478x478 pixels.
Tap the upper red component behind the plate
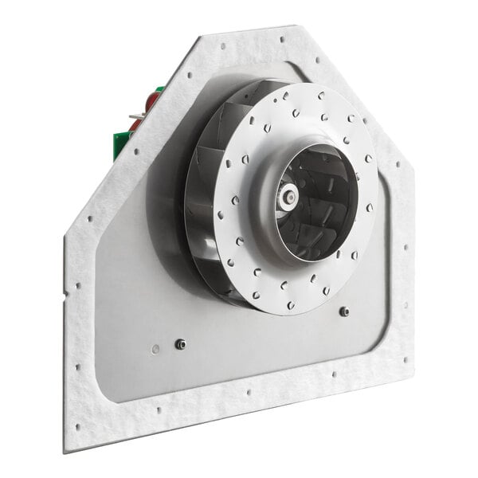pyautogui.click(x=151, y=101)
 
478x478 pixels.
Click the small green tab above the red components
pyautogui.click(x=160, y=89)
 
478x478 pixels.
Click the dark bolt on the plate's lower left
pyautogui.click(x=181, y=344)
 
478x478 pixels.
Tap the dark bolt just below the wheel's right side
pyautogui.click(x=344, y=311)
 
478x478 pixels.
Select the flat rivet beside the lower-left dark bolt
pyautogui.click(x=155, y=349)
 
